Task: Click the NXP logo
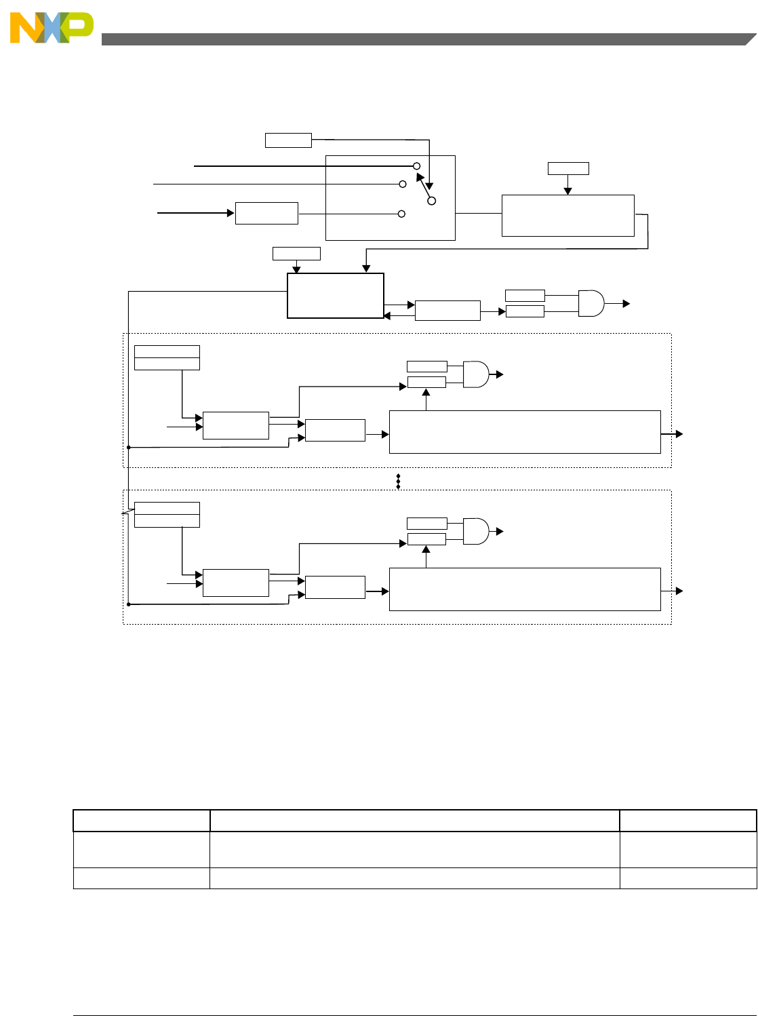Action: (52, 28)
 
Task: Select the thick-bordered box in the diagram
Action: (336, 296)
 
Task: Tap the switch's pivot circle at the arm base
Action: (431, 201)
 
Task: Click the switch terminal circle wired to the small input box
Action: (401, 214)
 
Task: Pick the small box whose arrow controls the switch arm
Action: (288, 140)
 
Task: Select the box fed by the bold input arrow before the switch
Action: (266, 213)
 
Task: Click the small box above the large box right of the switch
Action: (568, 168)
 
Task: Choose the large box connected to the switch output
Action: (567, 216)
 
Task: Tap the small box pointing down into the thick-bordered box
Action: (296, 254)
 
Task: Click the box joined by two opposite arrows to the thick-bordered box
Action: (447, 311)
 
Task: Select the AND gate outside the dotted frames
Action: (591, 303)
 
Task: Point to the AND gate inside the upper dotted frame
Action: (476, 374)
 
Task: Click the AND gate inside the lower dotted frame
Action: (476, 531)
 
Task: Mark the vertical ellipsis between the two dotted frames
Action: (399, 482)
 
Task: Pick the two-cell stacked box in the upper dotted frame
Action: (167, 357)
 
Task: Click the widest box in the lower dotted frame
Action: (525, 589)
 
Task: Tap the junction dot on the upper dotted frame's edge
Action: (128, 448)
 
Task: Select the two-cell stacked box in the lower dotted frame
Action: (167, 515)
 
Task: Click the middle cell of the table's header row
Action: (414, 821)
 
